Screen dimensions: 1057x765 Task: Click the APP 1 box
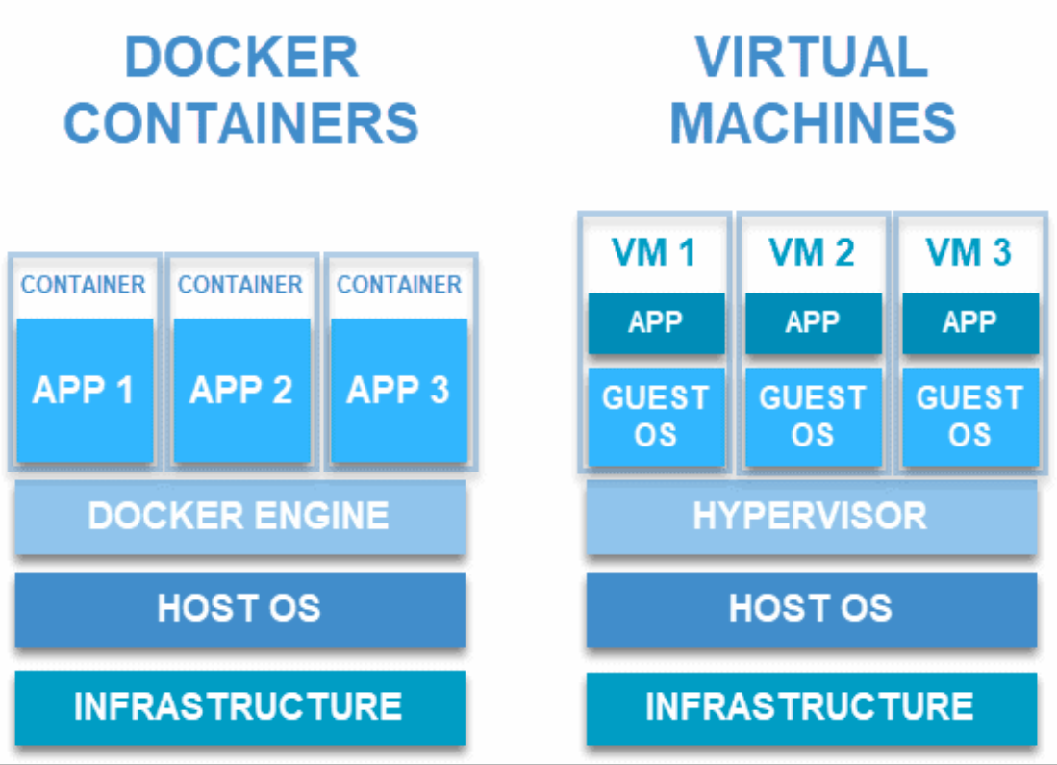point(85,390)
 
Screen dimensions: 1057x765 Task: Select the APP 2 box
point(241,390)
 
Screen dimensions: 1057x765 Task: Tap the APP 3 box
point(399,390)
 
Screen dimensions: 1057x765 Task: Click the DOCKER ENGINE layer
point(240,517)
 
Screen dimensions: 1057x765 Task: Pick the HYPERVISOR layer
point(812,517)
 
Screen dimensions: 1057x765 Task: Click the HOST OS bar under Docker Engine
point(240,609)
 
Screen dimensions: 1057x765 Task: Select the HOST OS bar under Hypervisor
point(812,609)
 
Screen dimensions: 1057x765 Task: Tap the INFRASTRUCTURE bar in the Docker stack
point(240,707)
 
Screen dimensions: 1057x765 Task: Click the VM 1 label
point(653,253)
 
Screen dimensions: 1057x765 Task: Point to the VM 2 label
point(812,253)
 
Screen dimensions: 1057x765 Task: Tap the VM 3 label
point(969,253)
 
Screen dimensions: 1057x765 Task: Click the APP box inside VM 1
point(656,323)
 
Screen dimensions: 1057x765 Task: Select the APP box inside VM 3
point(970,323)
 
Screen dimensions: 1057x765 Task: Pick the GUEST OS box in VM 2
point(813,417)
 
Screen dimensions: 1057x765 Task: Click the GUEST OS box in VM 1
point(656,417)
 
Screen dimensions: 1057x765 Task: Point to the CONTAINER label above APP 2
point(240,285)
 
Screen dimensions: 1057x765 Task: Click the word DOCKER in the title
point(241,58)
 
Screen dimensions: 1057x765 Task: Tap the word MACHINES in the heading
point(813,123)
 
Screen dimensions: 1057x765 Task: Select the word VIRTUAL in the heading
point(812,58)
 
